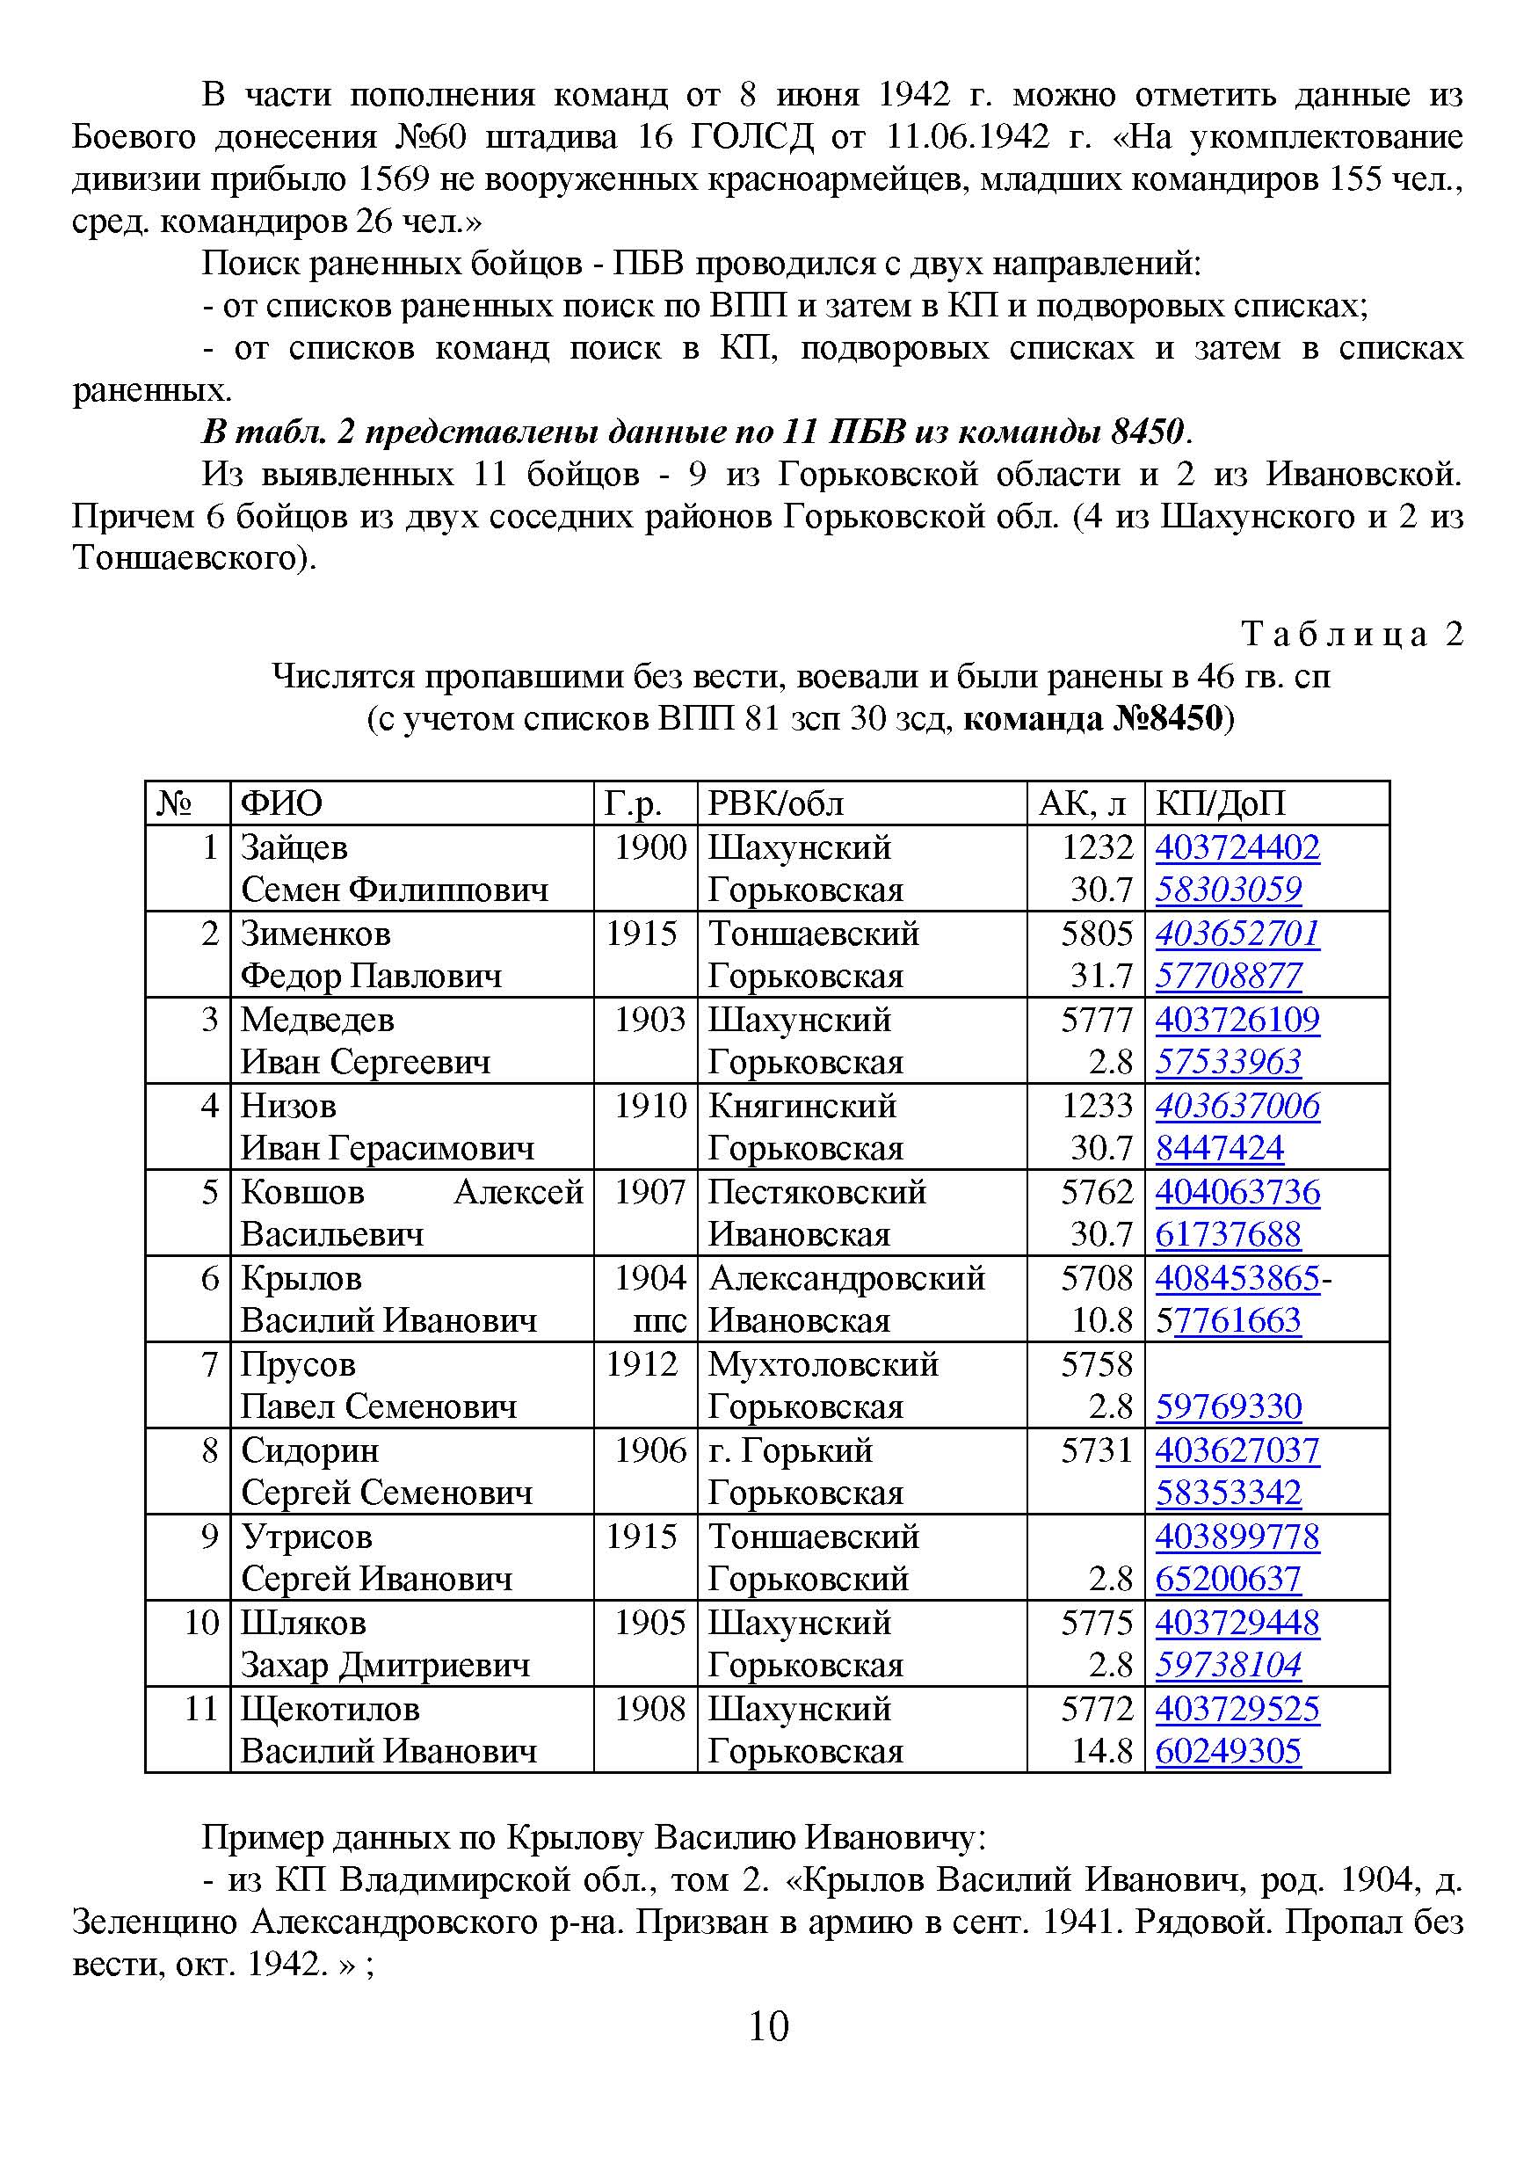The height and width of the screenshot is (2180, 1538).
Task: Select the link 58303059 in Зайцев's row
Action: tap(1228, 890)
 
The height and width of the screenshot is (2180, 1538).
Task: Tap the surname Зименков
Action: tap(316, 934)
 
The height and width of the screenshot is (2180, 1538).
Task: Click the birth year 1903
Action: tap(649, 1020)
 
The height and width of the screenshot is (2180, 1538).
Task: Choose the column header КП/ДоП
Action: tap(1220, 803)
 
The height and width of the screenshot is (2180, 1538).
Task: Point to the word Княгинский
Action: tap(802, 1106)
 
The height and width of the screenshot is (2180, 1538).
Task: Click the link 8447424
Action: tap(1219, 1149)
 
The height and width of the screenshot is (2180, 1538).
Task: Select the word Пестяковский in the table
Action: tap(816, 1193)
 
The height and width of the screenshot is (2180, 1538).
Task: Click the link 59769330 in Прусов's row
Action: tap(1228, 1407)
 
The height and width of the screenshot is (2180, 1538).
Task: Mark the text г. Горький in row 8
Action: tap(790, 1450)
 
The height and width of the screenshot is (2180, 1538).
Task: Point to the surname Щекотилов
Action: tap(330, 1709)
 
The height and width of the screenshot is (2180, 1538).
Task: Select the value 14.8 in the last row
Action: tap(1101, 1752)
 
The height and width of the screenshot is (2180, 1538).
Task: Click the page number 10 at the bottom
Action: tap(768, 2027)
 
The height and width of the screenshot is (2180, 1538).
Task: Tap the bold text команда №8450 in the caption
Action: tap(1092, 718)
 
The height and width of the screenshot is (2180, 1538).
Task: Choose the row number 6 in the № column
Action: tap(210, 1279)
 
